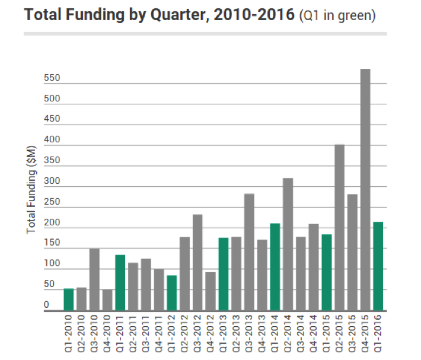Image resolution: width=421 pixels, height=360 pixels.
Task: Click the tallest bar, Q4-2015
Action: pyautogui.click(x=365, y=190)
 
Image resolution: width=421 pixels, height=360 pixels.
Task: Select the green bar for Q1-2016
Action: pyautogui.click(x=378, y=266)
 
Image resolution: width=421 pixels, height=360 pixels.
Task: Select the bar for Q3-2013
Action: pyautogui.click(x=249, y=252)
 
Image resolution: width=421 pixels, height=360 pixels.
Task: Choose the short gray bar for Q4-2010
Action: pyautogui.click(x=107, y=300)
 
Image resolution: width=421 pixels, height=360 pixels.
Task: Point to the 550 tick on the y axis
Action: pyautogui.click(x=52, y=78)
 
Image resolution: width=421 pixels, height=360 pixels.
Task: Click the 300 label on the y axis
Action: pyautogui.click(x=52, y=181)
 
